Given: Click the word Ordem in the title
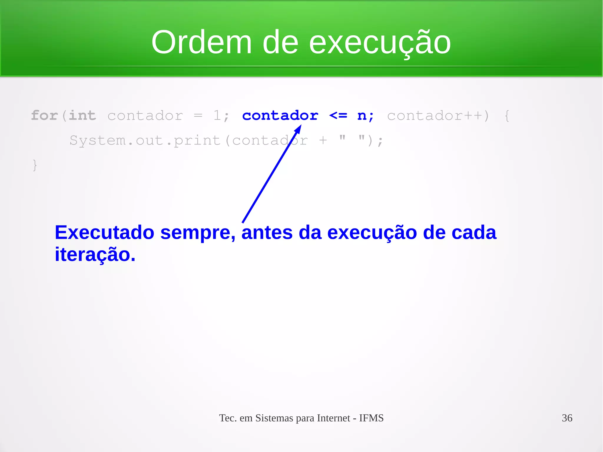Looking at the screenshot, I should (202, 43).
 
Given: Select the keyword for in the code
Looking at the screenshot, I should (44, 115).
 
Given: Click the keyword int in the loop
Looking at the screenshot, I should (82, 115).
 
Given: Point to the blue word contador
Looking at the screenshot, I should (280, 115).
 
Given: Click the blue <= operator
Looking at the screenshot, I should (338, 115).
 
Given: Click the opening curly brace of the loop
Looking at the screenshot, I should (507, 115).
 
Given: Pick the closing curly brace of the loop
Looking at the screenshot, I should (35, 165).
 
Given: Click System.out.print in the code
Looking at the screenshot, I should (145, 140).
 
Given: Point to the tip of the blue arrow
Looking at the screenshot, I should (300, 126).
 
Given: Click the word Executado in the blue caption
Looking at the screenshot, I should (105, 233).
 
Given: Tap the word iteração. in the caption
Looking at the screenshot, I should (95, 255).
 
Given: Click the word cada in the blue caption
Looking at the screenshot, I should (474, 233).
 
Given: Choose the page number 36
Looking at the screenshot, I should (567, 418).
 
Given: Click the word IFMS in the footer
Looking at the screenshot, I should (371, 418).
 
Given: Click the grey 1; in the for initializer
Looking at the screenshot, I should (221, 115).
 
